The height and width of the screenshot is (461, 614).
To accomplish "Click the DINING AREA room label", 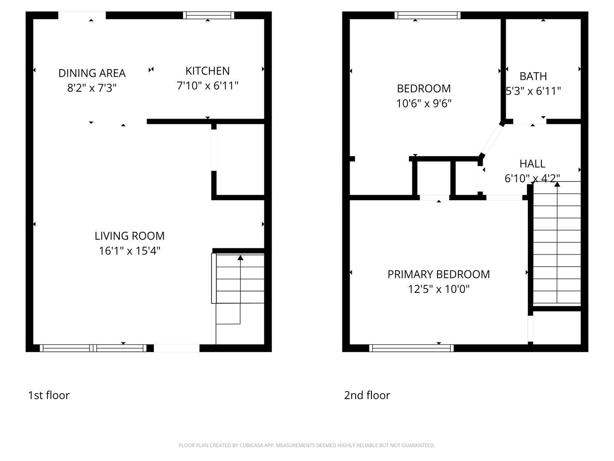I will click(92, 73).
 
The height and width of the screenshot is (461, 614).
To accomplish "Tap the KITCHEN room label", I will click(207, 71).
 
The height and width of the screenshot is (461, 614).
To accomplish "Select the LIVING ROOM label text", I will click(130, 236).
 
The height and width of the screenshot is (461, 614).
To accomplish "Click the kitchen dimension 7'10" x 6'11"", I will click(207, 86).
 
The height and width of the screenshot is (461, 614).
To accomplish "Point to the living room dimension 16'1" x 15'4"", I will click(130, 251).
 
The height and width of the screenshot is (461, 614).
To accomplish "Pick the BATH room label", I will click(533, 76).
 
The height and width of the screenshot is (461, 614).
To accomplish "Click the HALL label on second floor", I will click(532, 163).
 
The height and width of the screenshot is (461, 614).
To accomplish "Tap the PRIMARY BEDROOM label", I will click(438, 274).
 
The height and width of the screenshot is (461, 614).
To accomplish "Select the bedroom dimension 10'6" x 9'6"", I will click(424, 103).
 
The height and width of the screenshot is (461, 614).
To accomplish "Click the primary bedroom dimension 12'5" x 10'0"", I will click(438, 289).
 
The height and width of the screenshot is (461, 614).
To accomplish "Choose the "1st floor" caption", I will click(49, 395).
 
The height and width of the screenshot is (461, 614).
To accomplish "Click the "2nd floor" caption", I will click(367, 395).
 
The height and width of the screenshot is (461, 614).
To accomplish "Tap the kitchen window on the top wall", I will click(209, 15).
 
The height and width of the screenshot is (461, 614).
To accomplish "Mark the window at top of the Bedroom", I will click(427, 15).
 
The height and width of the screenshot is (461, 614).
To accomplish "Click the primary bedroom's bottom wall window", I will click(411, 348).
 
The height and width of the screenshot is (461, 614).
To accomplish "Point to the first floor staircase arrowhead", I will click(240, 257).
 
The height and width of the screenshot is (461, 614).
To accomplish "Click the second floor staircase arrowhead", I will click(557, 184).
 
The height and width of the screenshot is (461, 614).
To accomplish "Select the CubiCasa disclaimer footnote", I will click(307, 445).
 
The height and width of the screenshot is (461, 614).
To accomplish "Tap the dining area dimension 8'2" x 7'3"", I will click(92, 88).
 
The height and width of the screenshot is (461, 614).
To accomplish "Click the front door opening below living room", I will click(177, 348).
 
